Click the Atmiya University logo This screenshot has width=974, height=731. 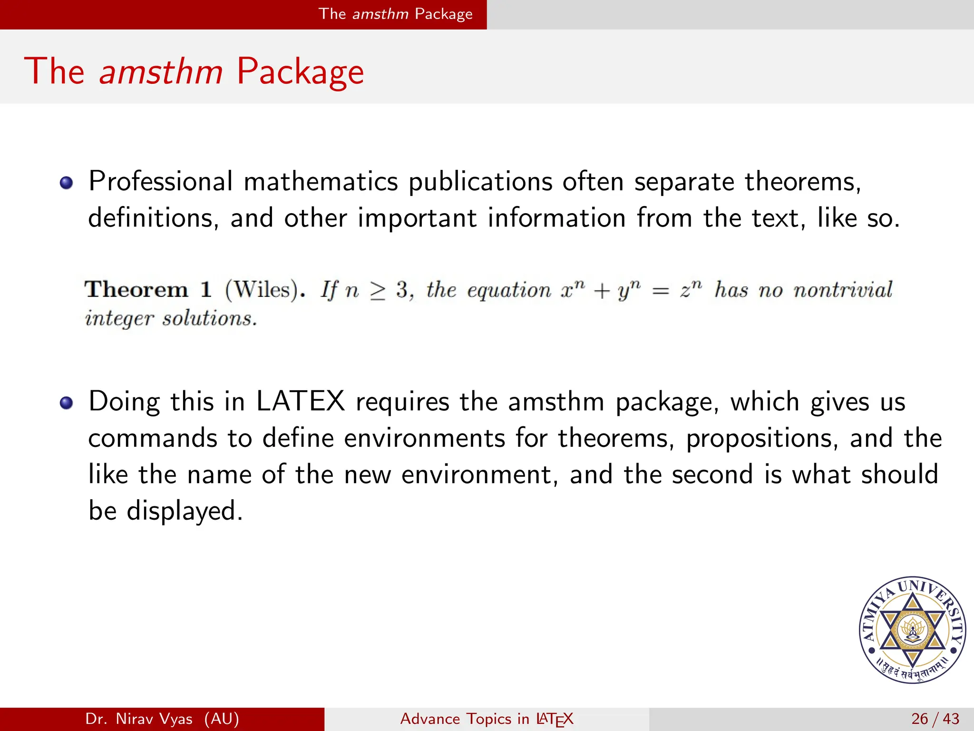912,630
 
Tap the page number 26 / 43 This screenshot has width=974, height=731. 935,719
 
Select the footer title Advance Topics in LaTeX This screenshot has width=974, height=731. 487,719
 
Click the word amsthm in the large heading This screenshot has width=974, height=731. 161,71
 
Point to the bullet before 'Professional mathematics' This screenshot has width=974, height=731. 67,183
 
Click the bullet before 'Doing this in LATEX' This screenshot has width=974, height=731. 67,403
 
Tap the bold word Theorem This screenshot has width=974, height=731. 136,289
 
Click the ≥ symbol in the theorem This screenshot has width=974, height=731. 378,291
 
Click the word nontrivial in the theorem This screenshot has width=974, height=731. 843,289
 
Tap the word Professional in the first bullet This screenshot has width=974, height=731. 161,182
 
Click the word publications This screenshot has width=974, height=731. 480,182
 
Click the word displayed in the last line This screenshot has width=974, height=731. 185,511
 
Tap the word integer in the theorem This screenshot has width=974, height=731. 119,318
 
